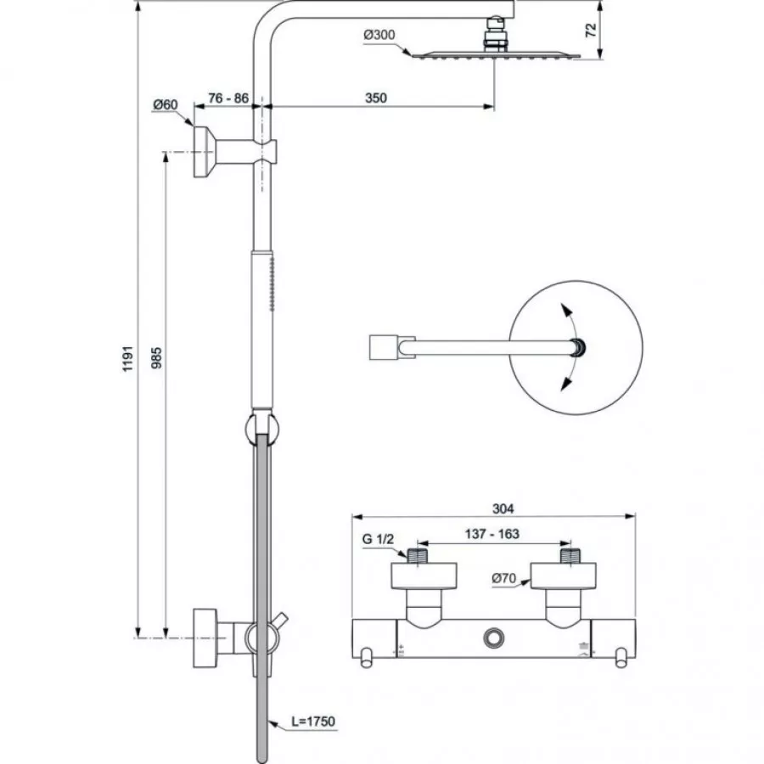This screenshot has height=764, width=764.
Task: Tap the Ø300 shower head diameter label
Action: (x=379, y=35)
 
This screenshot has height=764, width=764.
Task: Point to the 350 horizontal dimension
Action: (x=376, y=98)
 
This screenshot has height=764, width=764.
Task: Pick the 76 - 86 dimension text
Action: (x=228, y=98)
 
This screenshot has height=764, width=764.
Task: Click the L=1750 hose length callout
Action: (x=313, y=722)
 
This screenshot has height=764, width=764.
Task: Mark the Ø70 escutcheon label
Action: (x=504, y=579)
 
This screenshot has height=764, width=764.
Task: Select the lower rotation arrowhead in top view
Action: (x=561, y=385)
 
